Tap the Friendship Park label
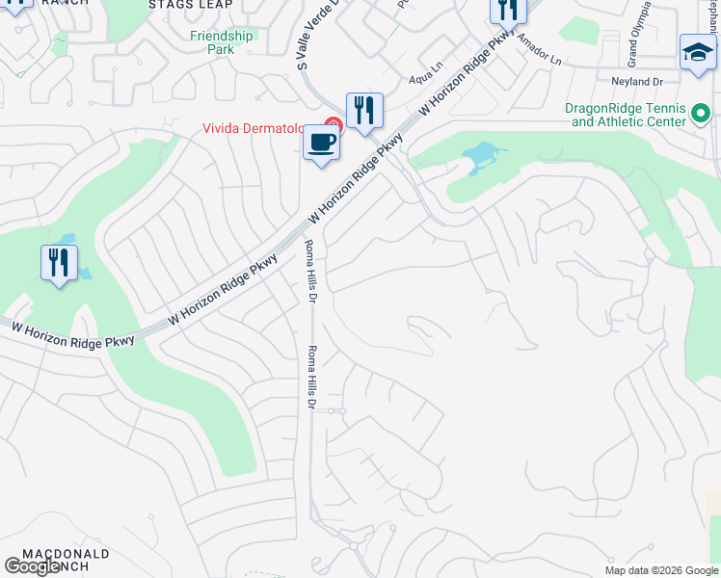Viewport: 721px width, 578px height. coord(221,42)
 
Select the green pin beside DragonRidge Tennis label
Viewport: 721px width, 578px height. coord(701,120)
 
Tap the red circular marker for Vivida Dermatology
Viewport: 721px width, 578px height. coord(334,125)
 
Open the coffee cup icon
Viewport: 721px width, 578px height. coord(322,144)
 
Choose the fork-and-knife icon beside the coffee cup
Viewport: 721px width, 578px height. coord(364,111)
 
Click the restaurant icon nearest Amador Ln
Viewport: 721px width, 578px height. coord(508,11)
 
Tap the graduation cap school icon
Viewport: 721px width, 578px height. coord(698,52)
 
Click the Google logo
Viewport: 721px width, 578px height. coord(33,567)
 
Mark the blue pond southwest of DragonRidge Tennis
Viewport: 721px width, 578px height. coord(480,156)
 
